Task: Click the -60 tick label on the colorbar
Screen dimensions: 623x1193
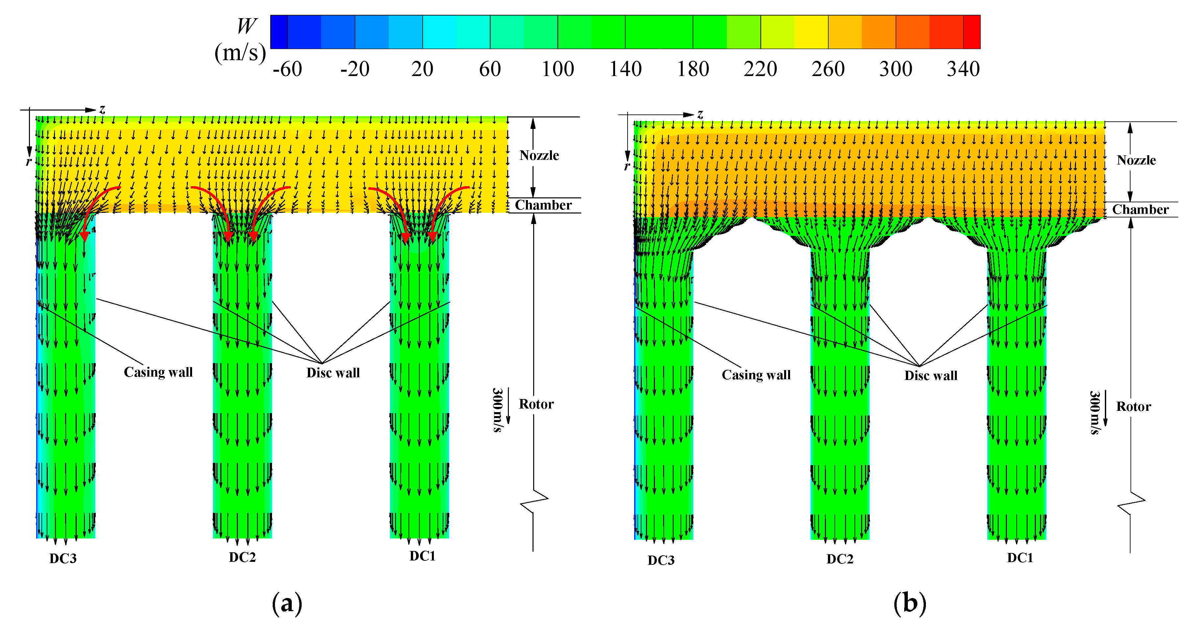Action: (287, 69)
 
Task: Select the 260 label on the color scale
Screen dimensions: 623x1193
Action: (828, 69)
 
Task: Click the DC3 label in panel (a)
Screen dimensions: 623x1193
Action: (63, 559)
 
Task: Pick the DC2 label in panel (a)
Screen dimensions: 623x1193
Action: (242, 557)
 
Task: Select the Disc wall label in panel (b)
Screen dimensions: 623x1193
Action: (931, 375)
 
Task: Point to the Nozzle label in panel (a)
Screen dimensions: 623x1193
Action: (539, 156)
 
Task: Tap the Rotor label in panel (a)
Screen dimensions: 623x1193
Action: (536, 404)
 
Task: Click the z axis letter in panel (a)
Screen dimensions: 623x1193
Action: (102, 109)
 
